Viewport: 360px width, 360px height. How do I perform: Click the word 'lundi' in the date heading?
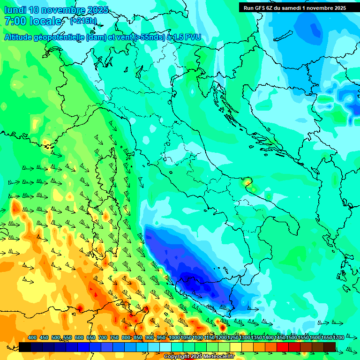coord(15,10)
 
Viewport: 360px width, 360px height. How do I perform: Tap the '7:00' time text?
coord(15,21)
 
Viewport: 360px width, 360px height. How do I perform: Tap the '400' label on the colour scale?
coord(32,337)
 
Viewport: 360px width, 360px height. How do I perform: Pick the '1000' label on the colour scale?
coord(174,337)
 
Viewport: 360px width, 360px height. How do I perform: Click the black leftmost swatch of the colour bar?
coord(25,347)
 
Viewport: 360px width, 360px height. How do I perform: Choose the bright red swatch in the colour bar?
coord(283,347)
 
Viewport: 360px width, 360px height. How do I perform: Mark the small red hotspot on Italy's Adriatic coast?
coord(247,181)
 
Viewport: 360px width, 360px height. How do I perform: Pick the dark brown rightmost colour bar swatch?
coord(330,347)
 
